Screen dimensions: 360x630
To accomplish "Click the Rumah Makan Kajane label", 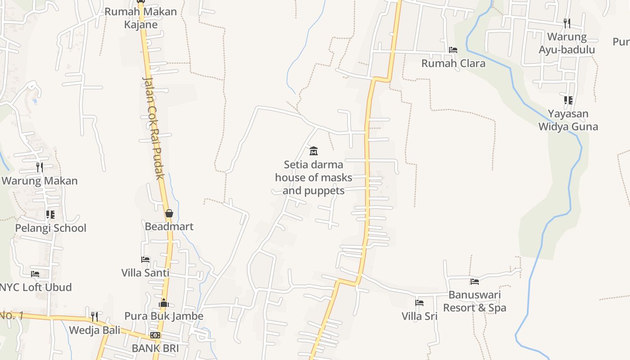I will click(x=140, y=18).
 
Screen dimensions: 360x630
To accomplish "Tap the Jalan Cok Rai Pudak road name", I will click(x=154, y=128).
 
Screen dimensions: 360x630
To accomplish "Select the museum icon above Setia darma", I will click(x=314, y=151).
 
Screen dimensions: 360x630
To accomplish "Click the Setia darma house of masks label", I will click(x=314, y=177).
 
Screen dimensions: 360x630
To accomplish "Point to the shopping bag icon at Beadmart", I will click(x=169, y=213).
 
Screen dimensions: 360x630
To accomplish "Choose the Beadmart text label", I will click(x=169, y=226).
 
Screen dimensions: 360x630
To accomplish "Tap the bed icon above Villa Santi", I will click(x=145, y=260).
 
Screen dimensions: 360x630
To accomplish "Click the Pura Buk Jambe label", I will click(x=164, y=316).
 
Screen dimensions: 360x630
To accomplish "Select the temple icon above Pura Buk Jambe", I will click(x=164, y=303).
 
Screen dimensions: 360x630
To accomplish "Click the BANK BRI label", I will click(x=155, y=348).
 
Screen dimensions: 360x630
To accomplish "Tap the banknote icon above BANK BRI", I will click(x=155, y=335).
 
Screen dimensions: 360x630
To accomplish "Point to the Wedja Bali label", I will click(x=94, y=330).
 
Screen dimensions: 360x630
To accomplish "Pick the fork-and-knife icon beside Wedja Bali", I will click(x=94, y=316).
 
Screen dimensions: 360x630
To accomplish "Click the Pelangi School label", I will click(x=50, y=228).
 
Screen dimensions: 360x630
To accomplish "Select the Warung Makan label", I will click(x=40, y=181).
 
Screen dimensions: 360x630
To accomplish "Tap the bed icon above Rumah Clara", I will click(x=453, y=50).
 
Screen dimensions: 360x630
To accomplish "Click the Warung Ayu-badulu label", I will click(x=567, y=43).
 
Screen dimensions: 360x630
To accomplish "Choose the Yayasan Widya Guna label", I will click(x=568, y=120).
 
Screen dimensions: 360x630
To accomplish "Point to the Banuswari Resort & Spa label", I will click(x=475, y=301).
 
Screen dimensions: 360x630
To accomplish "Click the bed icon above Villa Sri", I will click(x=419, y=303).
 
